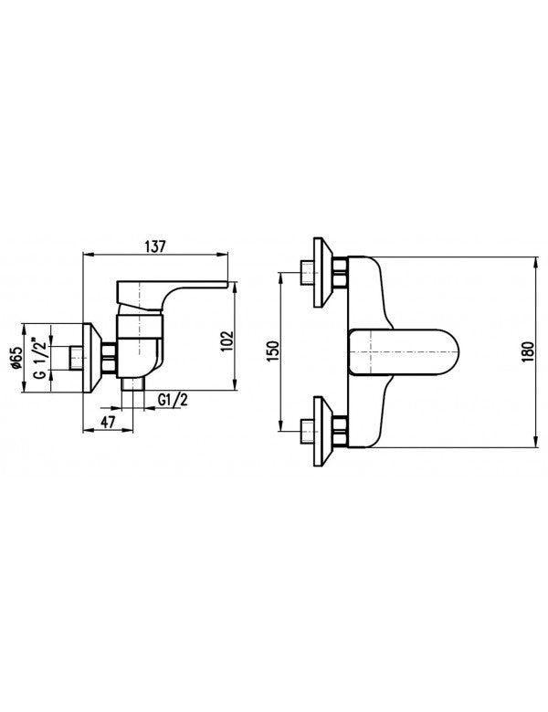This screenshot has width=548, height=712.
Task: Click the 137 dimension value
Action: pos(155,247)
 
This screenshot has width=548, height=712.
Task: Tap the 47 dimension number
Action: pos(107,422)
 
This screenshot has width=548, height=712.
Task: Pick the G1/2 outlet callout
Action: pos(174,400)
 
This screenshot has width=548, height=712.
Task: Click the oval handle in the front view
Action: pos(404,352)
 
